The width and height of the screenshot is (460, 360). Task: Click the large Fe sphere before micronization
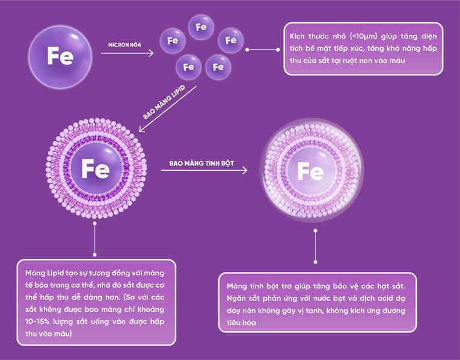point(60,57)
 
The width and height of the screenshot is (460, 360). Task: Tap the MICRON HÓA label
point(124,45)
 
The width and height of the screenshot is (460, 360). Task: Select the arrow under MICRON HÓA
point(127,53)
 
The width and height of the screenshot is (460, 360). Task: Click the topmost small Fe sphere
point(201,27)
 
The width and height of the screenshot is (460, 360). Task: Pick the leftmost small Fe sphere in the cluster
point(173,41)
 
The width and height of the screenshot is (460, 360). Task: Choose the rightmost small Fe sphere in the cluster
point(231,40)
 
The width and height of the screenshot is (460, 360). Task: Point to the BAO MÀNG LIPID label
point(164,102)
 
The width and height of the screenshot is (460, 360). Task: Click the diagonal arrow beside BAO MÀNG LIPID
point(168,109)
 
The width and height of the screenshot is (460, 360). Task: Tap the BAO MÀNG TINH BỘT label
point(201,163)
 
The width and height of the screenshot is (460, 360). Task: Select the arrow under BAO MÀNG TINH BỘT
point(204,170)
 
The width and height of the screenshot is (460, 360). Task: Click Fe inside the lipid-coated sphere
point(96,168)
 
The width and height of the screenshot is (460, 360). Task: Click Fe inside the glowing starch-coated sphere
point(311,171)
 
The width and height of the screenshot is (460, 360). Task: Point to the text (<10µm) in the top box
point(363,36)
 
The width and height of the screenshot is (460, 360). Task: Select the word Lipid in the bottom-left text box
point(55,273)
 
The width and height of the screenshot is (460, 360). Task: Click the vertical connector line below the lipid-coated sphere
point(95,239)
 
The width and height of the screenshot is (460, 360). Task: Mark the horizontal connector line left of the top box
point(263,50)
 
